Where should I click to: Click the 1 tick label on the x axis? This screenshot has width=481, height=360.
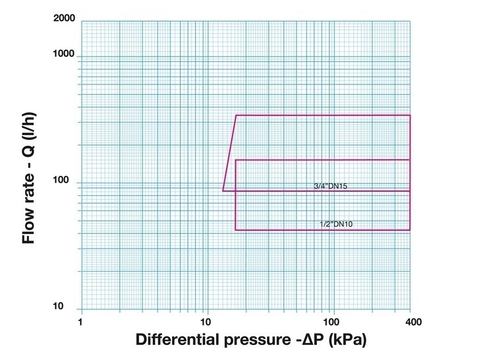81,322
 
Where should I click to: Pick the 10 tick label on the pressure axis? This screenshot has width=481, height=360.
206,322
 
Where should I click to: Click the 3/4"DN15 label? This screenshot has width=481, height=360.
330,187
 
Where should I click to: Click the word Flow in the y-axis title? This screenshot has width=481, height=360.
28,225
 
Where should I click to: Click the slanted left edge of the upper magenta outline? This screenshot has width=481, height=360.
229,153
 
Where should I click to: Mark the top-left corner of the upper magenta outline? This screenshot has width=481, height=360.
236,115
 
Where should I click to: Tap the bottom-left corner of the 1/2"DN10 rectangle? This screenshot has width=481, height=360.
235,230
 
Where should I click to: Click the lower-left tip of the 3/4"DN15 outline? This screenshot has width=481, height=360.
223,191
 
